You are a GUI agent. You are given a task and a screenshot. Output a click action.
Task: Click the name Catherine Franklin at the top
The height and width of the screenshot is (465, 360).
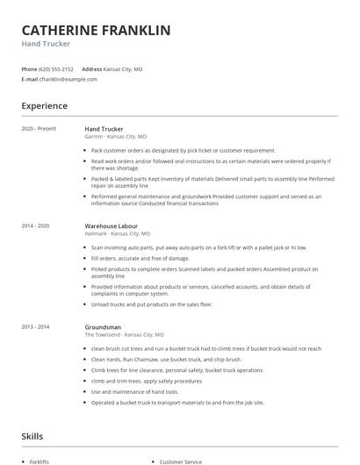click(x=96, y=30)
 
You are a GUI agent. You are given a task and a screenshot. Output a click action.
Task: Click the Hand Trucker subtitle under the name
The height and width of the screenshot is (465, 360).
click(x=46, y=43)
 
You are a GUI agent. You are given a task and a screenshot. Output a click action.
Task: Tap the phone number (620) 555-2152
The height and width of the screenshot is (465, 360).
click(x=56, y=68)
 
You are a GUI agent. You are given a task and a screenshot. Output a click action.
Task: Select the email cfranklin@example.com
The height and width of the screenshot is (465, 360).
click(x=68, y=79)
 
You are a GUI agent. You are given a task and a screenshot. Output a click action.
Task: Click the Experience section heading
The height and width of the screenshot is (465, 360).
click(x=44, y=106)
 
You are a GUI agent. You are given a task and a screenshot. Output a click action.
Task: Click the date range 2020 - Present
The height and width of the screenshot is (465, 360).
click(x=39, y=129)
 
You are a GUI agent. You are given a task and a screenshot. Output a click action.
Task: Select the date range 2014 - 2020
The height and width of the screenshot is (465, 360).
click(x=36, y=226)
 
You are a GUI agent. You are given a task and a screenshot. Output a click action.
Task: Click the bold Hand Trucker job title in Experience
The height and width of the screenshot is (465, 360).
click(x=104, y=129)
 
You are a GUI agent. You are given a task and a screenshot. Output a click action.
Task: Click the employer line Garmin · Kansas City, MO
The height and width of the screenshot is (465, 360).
click(x=115, y=137)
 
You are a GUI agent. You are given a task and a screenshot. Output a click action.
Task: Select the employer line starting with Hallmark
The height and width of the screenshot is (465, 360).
click(x=118, y=234)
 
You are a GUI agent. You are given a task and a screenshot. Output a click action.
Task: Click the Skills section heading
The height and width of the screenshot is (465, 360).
click(x=32, y=435)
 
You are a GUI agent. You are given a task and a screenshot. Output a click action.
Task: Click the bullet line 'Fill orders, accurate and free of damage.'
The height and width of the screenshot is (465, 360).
click(x=140, y=258)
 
